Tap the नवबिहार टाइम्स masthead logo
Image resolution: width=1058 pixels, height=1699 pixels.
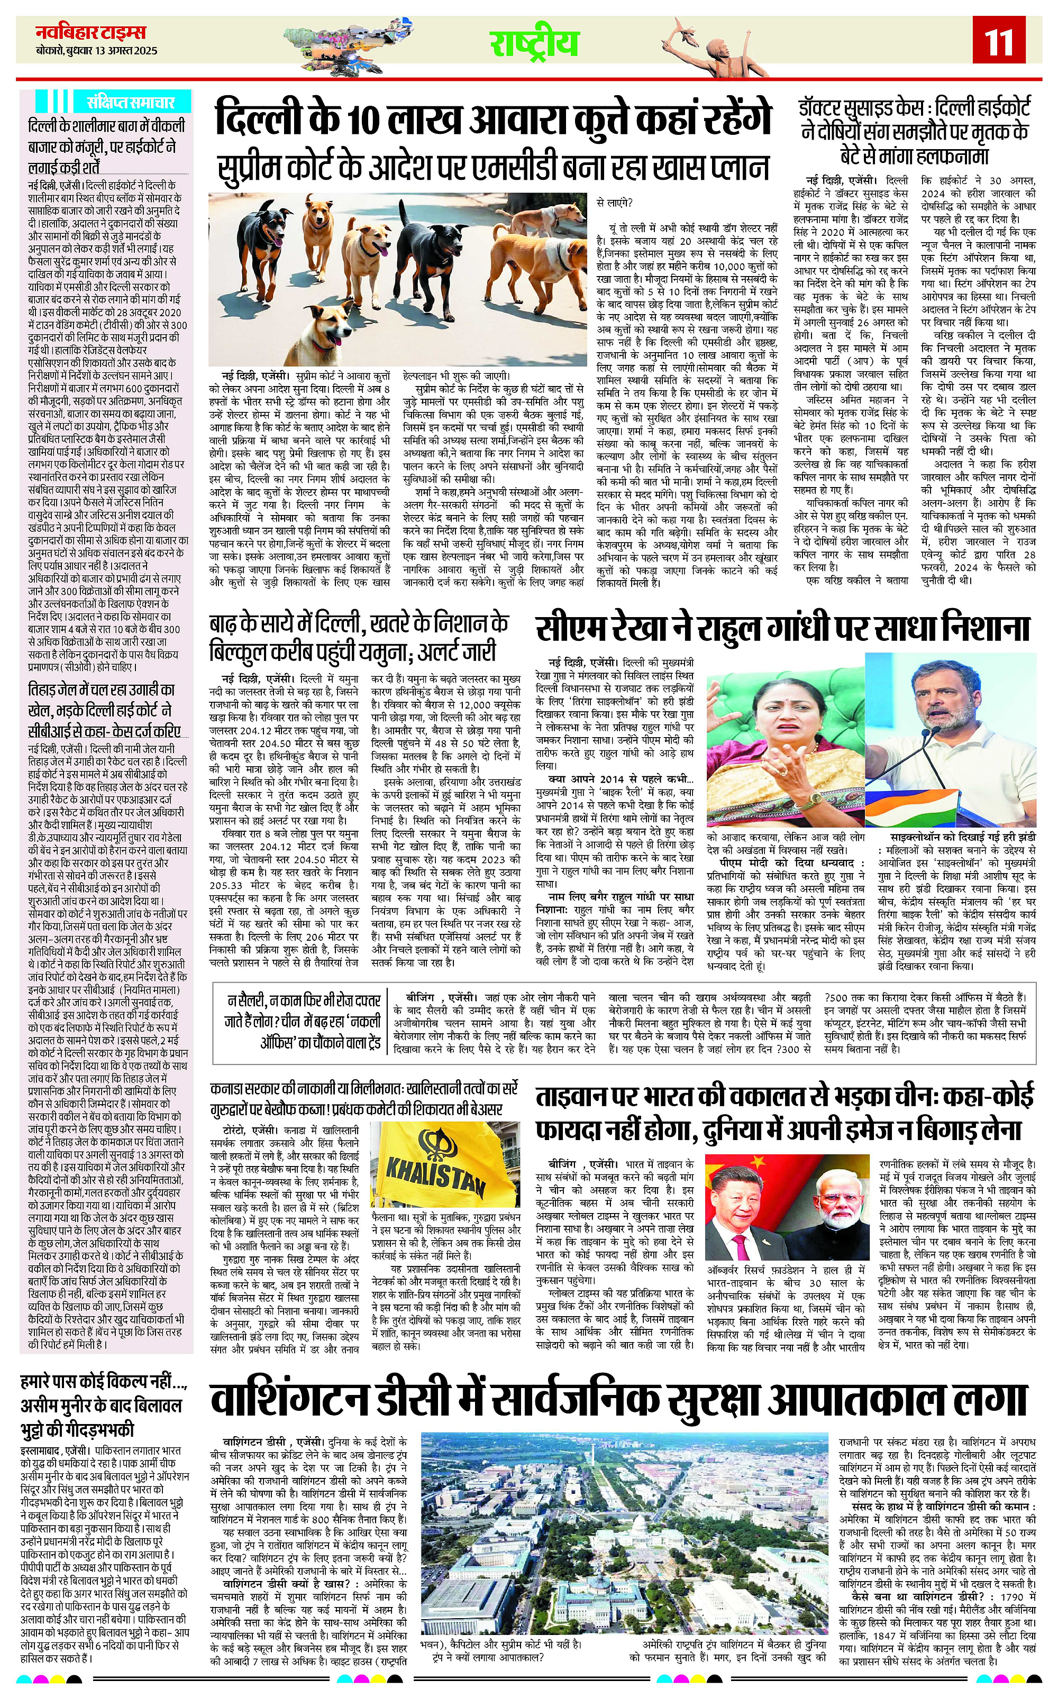coord(91,32)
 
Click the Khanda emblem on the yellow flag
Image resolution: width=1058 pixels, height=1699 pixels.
coord(437,1141)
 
